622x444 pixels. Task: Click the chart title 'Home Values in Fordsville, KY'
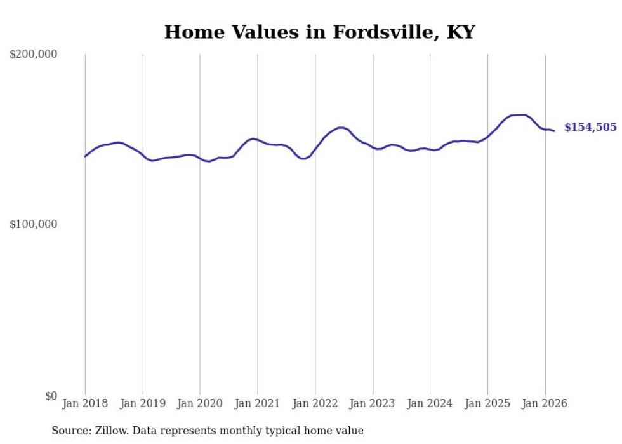(x=319, y=32)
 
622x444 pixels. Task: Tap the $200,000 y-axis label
(x=34, y=55)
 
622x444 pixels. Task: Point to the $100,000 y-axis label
(x=34, y=224)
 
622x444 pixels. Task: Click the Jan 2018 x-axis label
(x=85, y=403)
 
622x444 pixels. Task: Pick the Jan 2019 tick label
(x=143, y=403)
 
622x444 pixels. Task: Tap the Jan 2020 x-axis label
(x=200, y=403)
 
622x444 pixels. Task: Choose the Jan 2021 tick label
(x=258, y=403)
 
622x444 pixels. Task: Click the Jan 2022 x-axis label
(x=315, y=403)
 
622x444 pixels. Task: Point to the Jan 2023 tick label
(x=373, y=403)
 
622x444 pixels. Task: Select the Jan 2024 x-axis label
(x=430, y=403)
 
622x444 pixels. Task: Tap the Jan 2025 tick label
(x=487, y=403)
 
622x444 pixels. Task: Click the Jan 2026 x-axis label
(x=545, y=403)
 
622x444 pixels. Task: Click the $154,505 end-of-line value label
(x=590, y=127)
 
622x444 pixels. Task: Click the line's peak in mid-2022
(x=341, y=128)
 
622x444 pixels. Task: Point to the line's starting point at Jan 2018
(x=85, y=156)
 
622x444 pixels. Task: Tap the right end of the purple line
(x=554, y=131)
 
